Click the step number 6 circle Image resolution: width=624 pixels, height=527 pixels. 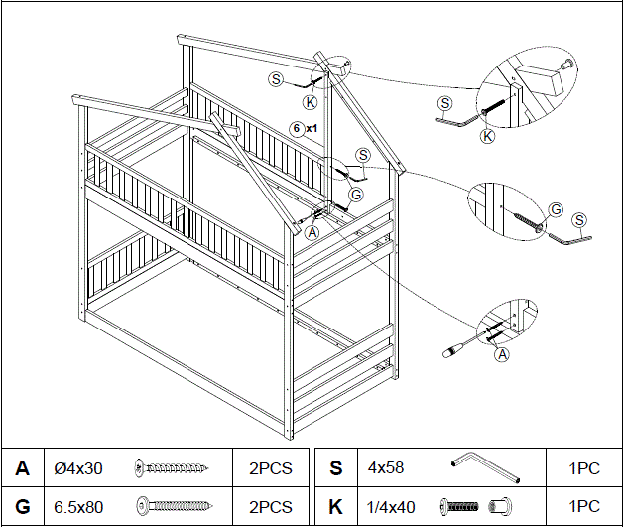(x=296, y=128)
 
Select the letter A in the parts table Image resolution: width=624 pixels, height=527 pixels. (x=22, y=467)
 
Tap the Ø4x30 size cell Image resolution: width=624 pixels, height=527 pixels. (x=77, y=467)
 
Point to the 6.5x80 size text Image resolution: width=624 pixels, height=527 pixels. (x=78, y=506)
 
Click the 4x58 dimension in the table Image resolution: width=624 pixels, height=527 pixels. (x=384, y=467)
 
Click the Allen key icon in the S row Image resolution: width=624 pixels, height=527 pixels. (x=479, y=466)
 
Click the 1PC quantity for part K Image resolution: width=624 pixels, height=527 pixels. (x=584, y=506)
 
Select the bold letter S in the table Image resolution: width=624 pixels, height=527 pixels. (x=335, y=467)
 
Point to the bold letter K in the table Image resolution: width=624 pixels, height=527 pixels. (x=335, y=506)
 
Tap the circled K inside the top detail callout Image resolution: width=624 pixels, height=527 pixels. (x=487, y=136)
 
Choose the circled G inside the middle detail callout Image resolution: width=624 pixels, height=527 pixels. (x=556, y=208)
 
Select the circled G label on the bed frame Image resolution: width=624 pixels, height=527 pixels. (x=356, y=194)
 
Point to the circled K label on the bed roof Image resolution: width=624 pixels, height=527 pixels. (x=311, y=101)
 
